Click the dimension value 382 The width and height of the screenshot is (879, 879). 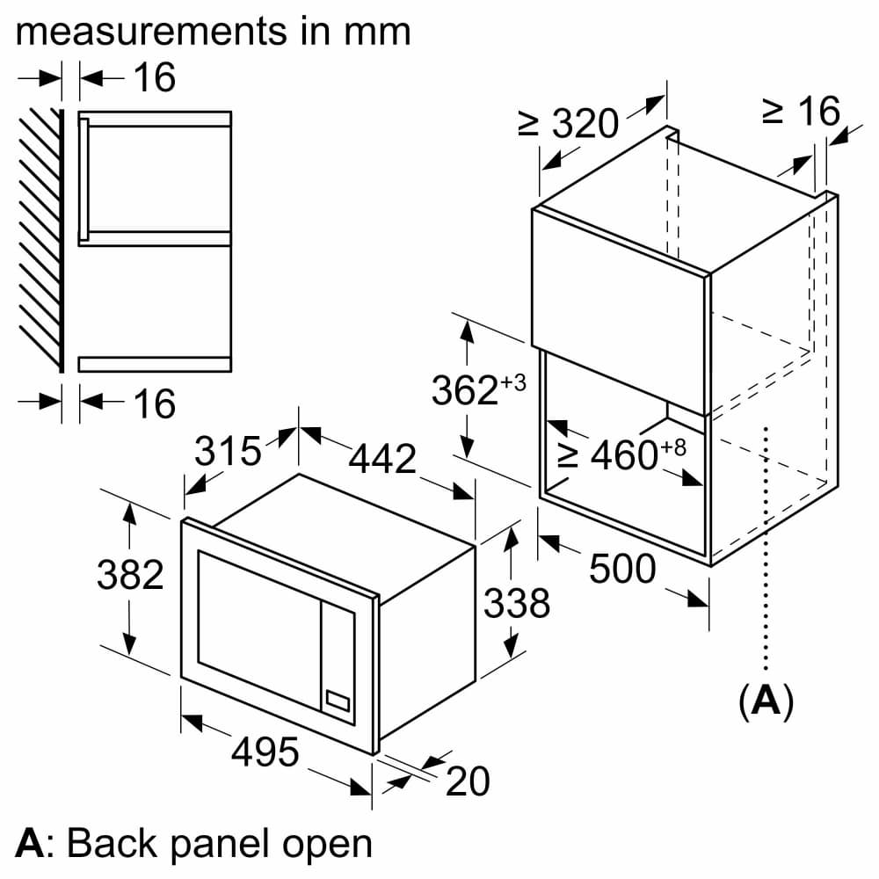130,576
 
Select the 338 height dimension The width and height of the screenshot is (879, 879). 518,604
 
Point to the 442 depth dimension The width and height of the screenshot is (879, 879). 383,459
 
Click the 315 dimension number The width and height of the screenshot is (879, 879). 228,452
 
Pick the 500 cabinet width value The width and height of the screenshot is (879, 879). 622,570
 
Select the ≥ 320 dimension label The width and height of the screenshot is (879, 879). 569,125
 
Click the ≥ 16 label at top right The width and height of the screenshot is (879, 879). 801,112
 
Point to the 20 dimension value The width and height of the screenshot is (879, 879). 468,781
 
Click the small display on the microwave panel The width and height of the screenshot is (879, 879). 338,700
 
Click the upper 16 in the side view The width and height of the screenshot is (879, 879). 155,78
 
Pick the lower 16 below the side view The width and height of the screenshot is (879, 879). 155,403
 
